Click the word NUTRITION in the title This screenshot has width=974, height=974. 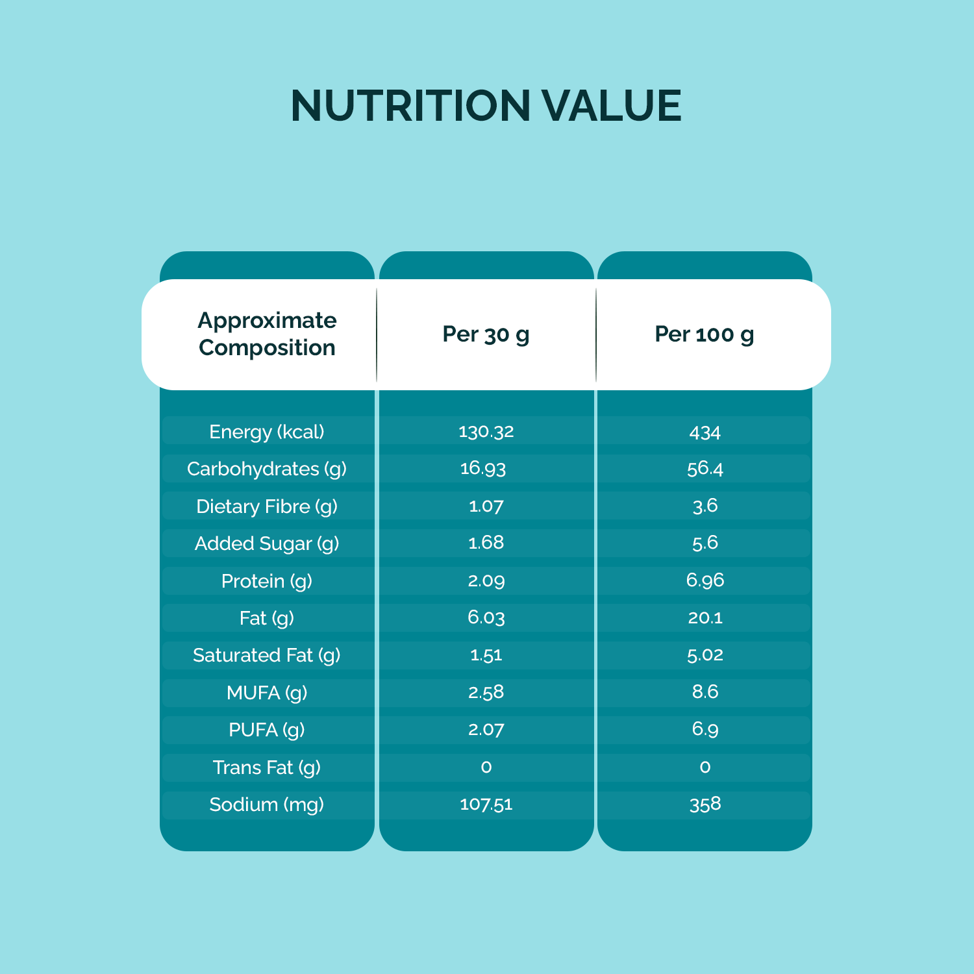pos(410,106)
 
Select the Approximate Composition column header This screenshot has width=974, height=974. pos(267,334)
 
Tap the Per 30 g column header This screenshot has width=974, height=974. pos(486,334)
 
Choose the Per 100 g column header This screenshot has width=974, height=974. pos(705,334)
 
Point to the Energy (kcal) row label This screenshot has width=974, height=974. pos(267,432)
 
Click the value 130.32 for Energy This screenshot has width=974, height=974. pos(486,432)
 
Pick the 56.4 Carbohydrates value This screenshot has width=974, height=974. pos(705,469)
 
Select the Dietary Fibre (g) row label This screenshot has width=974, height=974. pos(267,506)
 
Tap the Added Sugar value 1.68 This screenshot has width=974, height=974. pos(486,543)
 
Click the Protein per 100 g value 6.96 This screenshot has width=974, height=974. pos(705,580)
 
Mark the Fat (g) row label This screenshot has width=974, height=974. pos(267,618)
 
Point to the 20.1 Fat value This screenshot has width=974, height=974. pos(705,618)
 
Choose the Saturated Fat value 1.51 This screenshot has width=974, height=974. pos(486,655)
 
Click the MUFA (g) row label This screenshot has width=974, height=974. pos(267,693)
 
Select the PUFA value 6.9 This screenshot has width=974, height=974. pos(705,729)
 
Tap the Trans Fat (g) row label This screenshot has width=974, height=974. pos(267,768)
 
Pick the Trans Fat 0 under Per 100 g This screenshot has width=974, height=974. pos(705,768)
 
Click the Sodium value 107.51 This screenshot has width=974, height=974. pos(486,805)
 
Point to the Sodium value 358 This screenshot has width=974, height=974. pos(705,805)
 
